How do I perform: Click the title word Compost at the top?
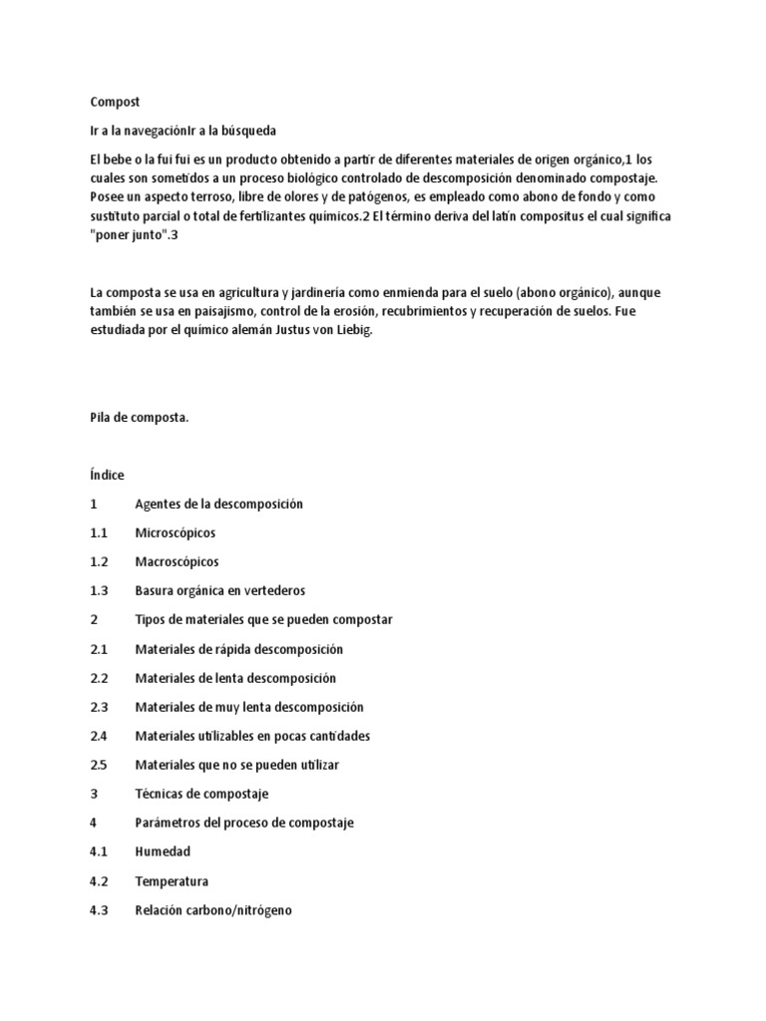pyautogui.click(x=115, y=102)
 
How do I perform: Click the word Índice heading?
pyautogui.click(x=107, y=476)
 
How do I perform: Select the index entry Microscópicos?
pyautogui.click(x=175, y=533)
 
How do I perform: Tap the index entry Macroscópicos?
pyautogui.click(x=177, y=562)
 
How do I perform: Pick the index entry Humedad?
pyautogui.click(x=163, y=852)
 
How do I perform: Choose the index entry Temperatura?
pyautogui.click(x=172, y=881)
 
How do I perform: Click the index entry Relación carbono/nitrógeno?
pyautogui.click(x=213, y=910)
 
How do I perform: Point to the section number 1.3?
pyautogui.click(x=98, y=591)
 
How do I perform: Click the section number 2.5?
pyautogui.click(x=98, y=765)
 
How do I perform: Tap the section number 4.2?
pyautogui.click(x=98, y=881)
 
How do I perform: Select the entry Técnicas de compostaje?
pyautogui.click(x=201, y=794)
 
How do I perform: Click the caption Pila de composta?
pyautogui.click(x=139, y=419)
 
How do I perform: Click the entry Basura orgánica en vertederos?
pyautogui.click(x=219, y=591)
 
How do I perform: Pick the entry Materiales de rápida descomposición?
pyautogui.click(x=238, y=649)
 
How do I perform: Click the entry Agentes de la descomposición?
pyautogui.click(x=218, y=505)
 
